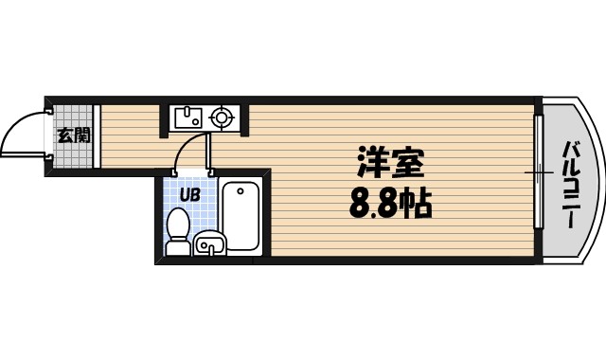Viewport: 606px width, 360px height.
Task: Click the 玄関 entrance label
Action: pos(74,135)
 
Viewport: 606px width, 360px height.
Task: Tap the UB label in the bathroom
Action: pos(190,195)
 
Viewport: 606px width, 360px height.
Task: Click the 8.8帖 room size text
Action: pos(390,203)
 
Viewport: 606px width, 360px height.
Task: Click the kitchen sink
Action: pos(187,117)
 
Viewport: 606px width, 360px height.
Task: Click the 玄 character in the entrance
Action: pos(66,135)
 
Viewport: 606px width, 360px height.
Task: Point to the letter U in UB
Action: pos(186,195)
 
